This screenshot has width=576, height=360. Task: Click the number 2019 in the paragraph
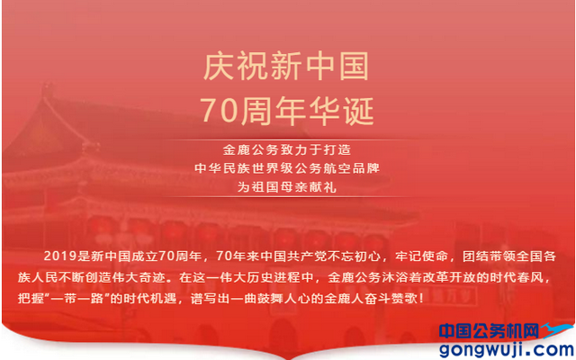click(x=60, y=256)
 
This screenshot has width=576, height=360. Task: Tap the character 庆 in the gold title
click(x=219, y=67)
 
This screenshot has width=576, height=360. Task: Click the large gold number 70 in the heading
click(x=220, y=111)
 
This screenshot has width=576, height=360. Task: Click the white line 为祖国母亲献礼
click(x=287, y=187)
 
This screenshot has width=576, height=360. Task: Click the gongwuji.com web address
click(x=507, y=348)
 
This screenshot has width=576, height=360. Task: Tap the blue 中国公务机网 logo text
click(x=490, y=330)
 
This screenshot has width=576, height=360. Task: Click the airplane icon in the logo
click(x=556, y=329)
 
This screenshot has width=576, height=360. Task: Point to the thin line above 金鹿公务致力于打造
click(x=287, y=140)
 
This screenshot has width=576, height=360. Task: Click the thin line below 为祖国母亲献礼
click(x=287, y=197)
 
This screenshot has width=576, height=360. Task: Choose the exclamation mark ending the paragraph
click(x=421, y=298)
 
